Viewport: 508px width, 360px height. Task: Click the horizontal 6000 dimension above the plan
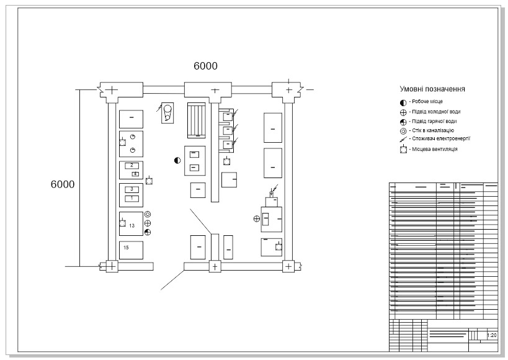[x=205, y=66]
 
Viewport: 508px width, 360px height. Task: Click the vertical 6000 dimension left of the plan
[x=62, y=184]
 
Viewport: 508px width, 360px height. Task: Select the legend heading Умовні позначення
[x=433, y=89]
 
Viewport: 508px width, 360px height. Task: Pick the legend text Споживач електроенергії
[x=440, y=140]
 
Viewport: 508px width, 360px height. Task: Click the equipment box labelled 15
[x=131, y=250]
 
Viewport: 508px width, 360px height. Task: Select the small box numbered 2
[x=132, y=166]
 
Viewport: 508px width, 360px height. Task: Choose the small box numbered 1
[x=132, y=198]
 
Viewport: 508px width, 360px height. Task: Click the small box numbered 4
[x=135, y=174]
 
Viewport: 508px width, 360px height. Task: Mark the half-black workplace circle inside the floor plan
[x=177, y=160]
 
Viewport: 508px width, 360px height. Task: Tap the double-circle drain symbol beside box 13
[x=148, y=214]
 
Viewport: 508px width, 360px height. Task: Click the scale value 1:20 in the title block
[x=492, y=336]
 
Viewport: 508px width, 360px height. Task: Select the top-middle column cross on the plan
[x=215, y=91]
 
